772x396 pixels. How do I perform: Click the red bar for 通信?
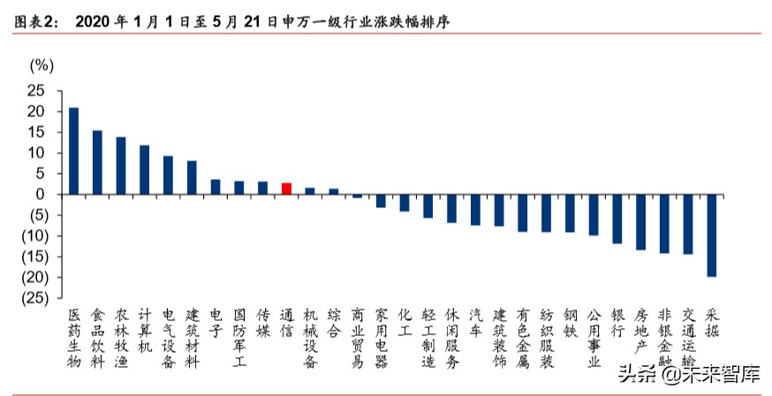[x=286, y=188]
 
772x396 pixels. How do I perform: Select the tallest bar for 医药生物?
[x=73, y=151]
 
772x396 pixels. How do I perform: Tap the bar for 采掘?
[x=711, y=235]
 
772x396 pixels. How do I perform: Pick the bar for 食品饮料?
[x=97, y=162]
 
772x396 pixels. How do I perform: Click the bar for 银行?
[x=617, y=218]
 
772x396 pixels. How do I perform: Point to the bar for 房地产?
[x=640, y=221]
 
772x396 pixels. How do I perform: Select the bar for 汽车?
[x=475, y=209]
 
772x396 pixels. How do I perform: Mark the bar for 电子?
[x=216, y=186]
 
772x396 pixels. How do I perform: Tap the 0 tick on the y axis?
[x=40, y=194]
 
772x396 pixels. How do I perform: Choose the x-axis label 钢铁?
[x=570, y=323]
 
